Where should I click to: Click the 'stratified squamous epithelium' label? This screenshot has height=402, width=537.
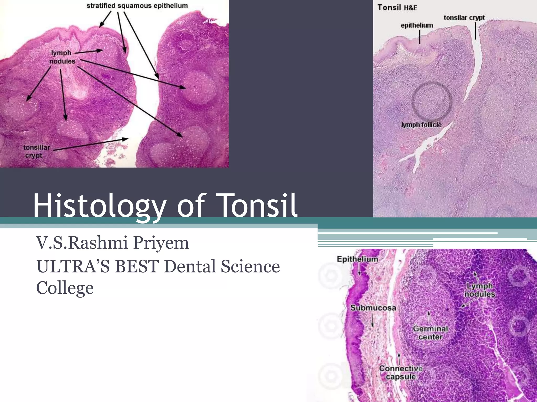point(137,6)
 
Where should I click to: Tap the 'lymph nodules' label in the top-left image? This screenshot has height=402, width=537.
point(62,57)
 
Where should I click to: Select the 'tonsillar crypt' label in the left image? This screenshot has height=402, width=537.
point(36,152)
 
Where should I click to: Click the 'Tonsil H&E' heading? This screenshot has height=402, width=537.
point(397,8)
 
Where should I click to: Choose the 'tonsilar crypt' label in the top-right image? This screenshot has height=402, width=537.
point(464,18)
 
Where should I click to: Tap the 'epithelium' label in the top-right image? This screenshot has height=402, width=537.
point(417,25)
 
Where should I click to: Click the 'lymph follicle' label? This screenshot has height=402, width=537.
point(421,125)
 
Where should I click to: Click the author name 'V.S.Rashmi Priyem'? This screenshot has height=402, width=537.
point(112,243)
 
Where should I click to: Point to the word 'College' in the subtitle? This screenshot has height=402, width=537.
point(65,288)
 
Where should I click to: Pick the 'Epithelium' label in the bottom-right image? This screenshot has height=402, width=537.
point(357,259)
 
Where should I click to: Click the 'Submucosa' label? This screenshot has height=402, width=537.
point(373,308)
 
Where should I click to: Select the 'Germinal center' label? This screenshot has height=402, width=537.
point(430,333)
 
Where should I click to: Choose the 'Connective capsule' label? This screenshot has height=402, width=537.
point(401,372)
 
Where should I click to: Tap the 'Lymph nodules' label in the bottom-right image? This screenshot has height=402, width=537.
point(480,290)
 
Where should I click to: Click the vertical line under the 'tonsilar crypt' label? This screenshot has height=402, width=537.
point(475,31)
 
